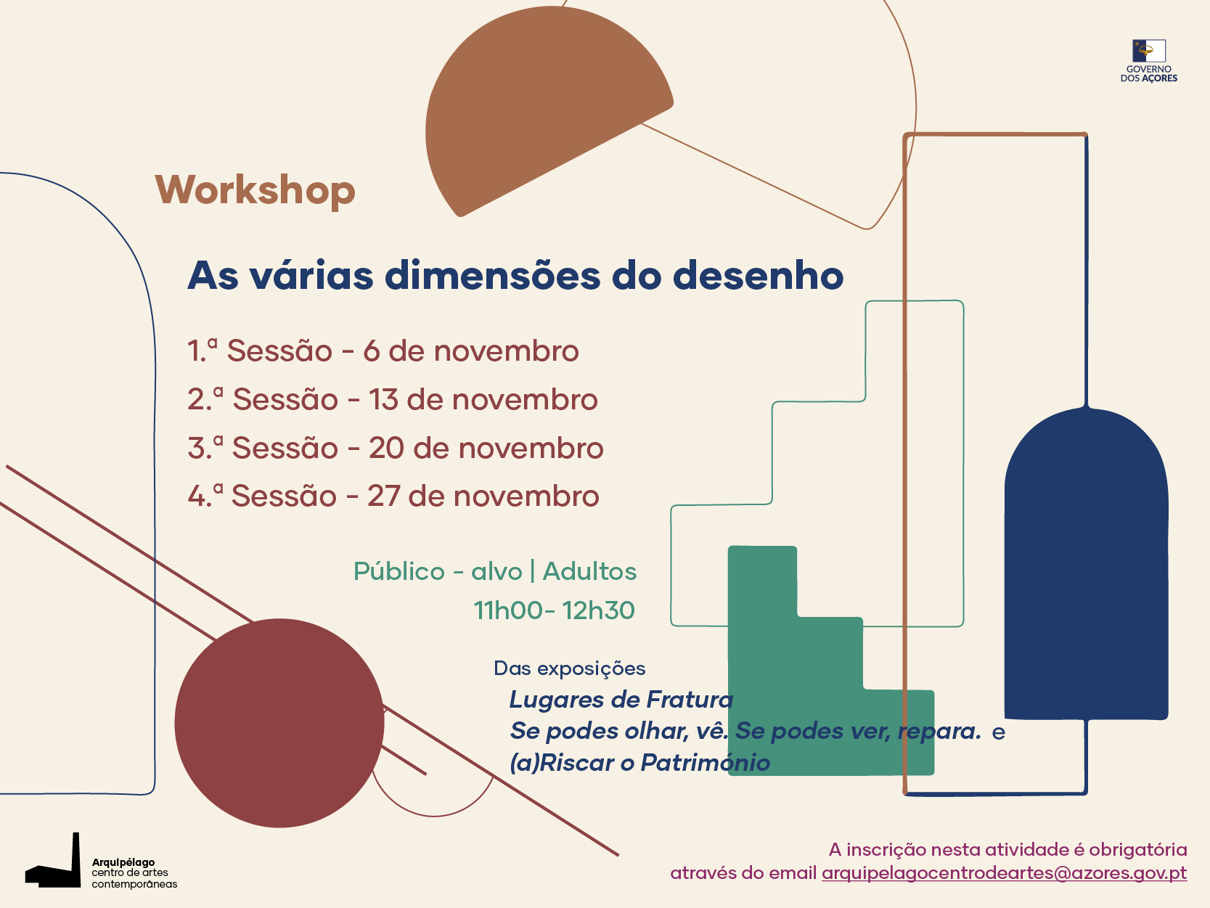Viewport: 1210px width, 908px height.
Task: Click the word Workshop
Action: click(x=255, y=190)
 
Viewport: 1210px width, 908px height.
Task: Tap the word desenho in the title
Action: click(x=759, y=276)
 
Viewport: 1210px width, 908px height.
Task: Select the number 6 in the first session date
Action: click(x=371, y=351)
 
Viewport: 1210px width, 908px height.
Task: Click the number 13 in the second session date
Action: click(x=383, y=399)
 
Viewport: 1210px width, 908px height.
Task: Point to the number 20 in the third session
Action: click(x=386, y=448)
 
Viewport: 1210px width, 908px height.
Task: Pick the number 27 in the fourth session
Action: click(x=384, y=496)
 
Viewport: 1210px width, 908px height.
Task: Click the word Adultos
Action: click(x=589, y=571)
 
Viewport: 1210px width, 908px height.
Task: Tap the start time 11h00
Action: click(x=507, y=610)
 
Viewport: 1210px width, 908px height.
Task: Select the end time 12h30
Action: click(x=599, y=610)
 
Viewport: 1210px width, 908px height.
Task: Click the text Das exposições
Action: click(x=570, y=669)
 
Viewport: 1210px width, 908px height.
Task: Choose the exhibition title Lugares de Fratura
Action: click(x=621, y=700)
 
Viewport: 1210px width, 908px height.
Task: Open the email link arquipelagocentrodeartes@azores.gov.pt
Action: click(x=1004, y=873)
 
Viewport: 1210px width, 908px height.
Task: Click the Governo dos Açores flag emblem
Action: click(x=1149, y=51)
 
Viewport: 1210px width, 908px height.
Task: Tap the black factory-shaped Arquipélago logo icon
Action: click(x=54, y=861)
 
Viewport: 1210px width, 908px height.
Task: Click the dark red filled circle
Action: click(x=279, y=723)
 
